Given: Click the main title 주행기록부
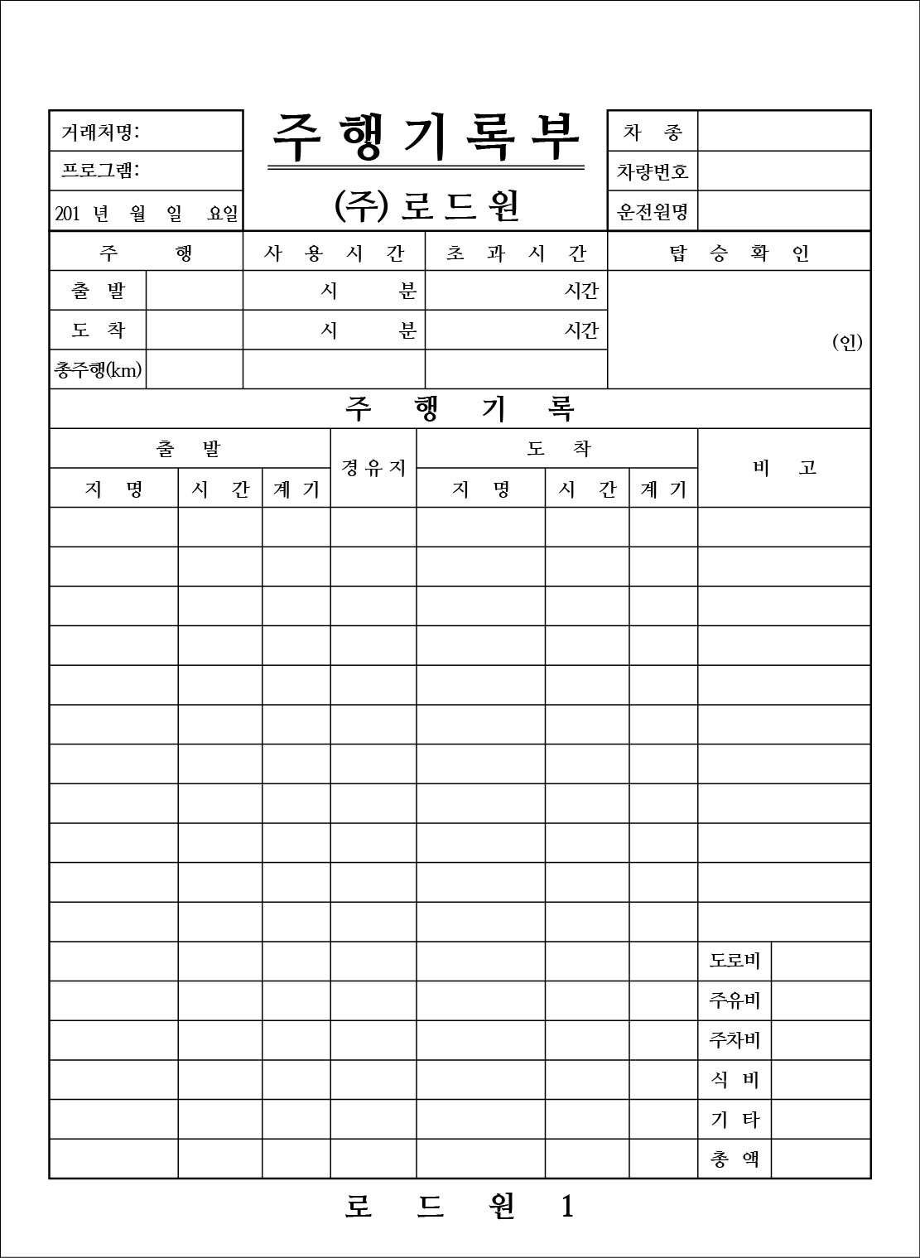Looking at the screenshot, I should point(426,137).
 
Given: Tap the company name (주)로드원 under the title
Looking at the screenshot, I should point(426,206).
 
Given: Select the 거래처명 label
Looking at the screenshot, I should point(100,132).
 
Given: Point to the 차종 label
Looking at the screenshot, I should point(653,133).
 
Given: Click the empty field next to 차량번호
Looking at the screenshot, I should point(783,171).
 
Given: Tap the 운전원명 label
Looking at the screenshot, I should point(653,212).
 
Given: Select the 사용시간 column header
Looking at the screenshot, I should point(334,253).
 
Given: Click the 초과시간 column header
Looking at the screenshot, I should point(516,253).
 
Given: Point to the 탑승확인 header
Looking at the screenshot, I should point(739,253).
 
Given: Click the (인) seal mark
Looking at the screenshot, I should point(847,342).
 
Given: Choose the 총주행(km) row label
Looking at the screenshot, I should point(98,370).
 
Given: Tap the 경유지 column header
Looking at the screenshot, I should point(373,468).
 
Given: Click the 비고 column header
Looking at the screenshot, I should point(784,468).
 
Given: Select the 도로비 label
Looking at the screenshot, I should point(735,962).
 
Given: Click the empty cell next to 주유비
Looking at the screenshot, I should point(821,1000).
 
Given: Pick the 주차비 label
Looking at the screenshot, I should point(735,1040).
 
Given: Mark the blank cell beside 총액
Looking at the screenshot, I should point(821,1159).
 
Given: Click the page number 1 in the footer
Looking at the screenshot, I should point(567,1207).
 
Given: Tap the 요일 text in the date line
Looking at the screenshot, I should point(222,214).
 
